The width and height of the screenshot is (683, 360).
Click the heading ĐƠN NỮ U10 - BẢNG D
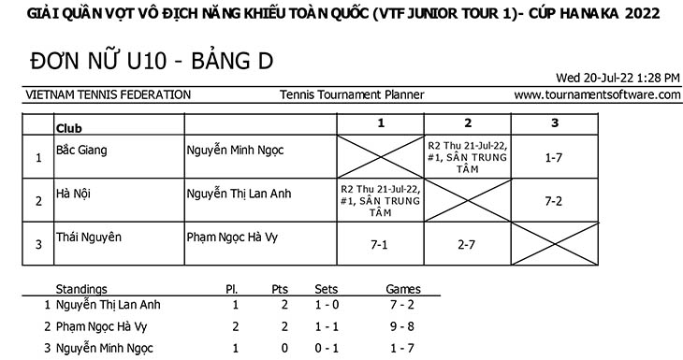pos(152,61)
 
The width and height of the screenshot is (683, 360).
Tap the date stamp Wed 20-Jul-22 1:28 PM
pos(618,78)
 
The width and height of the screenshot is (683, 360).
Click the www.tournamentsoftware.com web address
pos(597,94)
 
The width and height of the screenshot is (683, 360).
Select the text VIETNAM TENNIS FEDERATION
pos(108,94)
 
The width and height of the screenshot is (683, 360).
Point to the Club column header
pos(69,128)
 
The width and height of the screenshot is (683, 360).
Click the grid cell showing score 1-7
pos(554,158)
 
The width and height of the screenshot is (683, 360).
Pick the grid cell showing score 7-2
pos(554,201)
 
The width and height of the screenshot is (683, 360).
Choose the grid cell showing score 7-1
pos(379,245)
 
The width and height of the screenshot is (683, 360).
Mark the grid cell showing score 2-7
pos(466,245)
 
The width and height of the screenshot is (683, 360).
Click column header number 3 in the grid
pos(555,123)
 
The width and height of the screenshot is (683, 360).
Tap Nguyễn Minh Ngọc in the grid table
pos(235,151)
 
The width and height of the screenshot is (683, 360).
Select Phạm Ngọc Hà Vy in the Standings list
pos(102,327)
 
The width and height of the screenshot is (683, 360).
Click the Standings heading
pos(81,290)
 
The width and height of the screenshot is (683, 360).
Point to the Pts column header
pos(280,290)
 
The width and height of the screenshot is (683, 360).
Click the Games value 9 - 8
pos(402,326)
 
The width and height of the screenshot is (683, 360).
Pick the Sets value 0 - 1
pos(327,348)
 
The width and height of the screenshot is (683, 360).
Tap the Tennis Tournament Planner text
pos(352,94)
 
